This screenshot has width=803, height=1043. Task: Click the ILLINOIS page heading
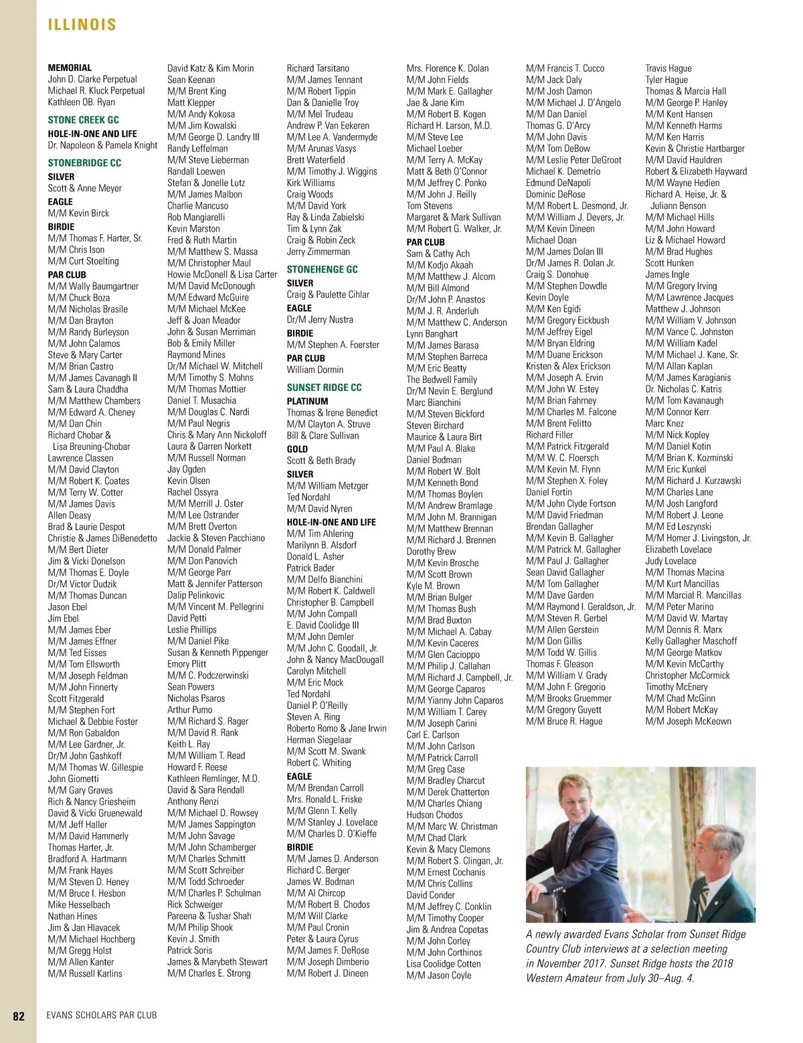click(x=82, y=25)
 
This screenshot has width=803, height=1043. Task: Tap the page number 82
click(x=19, y=1016)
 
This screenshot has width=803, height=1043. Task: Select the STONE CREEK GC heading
click(x=83, y=120)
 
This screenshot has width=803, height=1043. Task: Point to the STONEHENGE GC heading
click(x=322, y=269)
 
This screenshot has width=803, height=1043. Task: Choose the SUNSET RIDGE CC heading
click(x=324, y=388)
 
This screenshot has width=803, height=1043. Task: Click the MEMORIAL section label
click(x=70, y=68)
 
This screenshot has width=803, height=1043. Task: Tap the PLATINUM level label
click(x=307, y=401)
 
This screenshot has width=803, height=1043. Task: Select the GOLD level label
click(x=297, y=449)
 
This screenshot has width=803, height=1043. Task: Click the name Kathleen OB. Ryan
click(x=81, y=102)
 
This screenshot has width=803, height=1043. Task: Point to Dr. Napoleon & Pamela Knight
click(x=102, y=145)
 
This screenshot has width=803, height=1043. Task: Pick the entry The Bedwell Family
click(x=442, y=380)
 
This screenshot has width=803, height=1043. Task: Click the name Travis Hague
click(x=668, y=68)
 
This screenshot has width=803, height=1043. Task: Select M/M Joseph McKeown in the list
click(x=688, y=722)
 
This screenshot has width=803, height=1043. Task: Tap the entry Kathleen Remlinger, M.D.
click(x=213, y=779)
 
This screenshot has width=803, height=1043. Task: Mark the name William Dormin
click(x=315, y=370)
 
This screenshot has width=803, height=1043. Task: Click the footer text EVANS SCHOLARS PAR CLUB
click(x=102, y=1016)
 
